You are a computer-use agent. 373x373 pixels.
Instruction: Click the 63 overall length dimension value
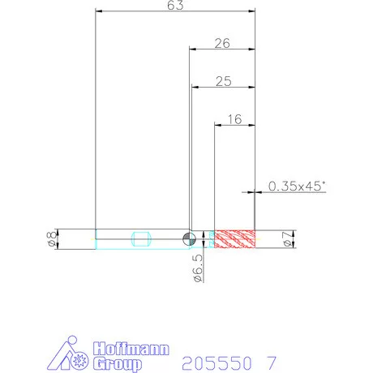[x=175, y=5]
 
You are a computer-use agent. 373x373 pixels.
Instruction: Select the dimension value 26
[x=222, y=43]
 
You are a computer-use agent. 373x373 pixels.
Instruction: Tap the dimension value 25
[x=224, y=81]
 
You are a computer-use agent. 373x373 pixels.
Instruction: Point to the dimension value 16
[x=234, y=119]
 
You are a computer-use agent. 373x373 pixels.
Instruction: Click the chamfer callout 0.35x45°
[x=297, y=186]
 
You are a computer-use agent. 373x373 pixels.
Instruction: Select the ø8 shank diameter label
[x=52, y=239]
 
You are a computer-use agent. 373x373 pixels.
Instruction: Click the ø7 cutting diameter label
[x=289, y=239]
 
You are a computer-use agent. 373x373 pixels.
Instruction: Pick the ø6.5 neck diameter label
[x=198, y=268]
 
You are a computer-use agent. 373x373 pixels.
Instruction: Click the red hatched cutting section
[x=234, y=239]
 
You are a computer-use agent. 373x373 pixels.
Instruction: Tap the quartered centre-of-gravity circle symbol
[x=189, y=239]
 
